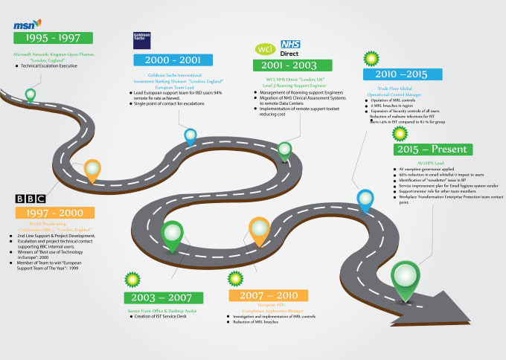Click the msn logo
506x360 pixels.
27,25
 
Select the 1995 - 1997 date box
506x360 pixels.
53,38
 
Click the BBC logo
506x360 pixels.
31,199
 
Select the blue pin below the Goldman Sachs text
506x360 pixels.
190,136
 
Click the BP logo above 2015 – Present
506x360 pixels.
400,133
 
